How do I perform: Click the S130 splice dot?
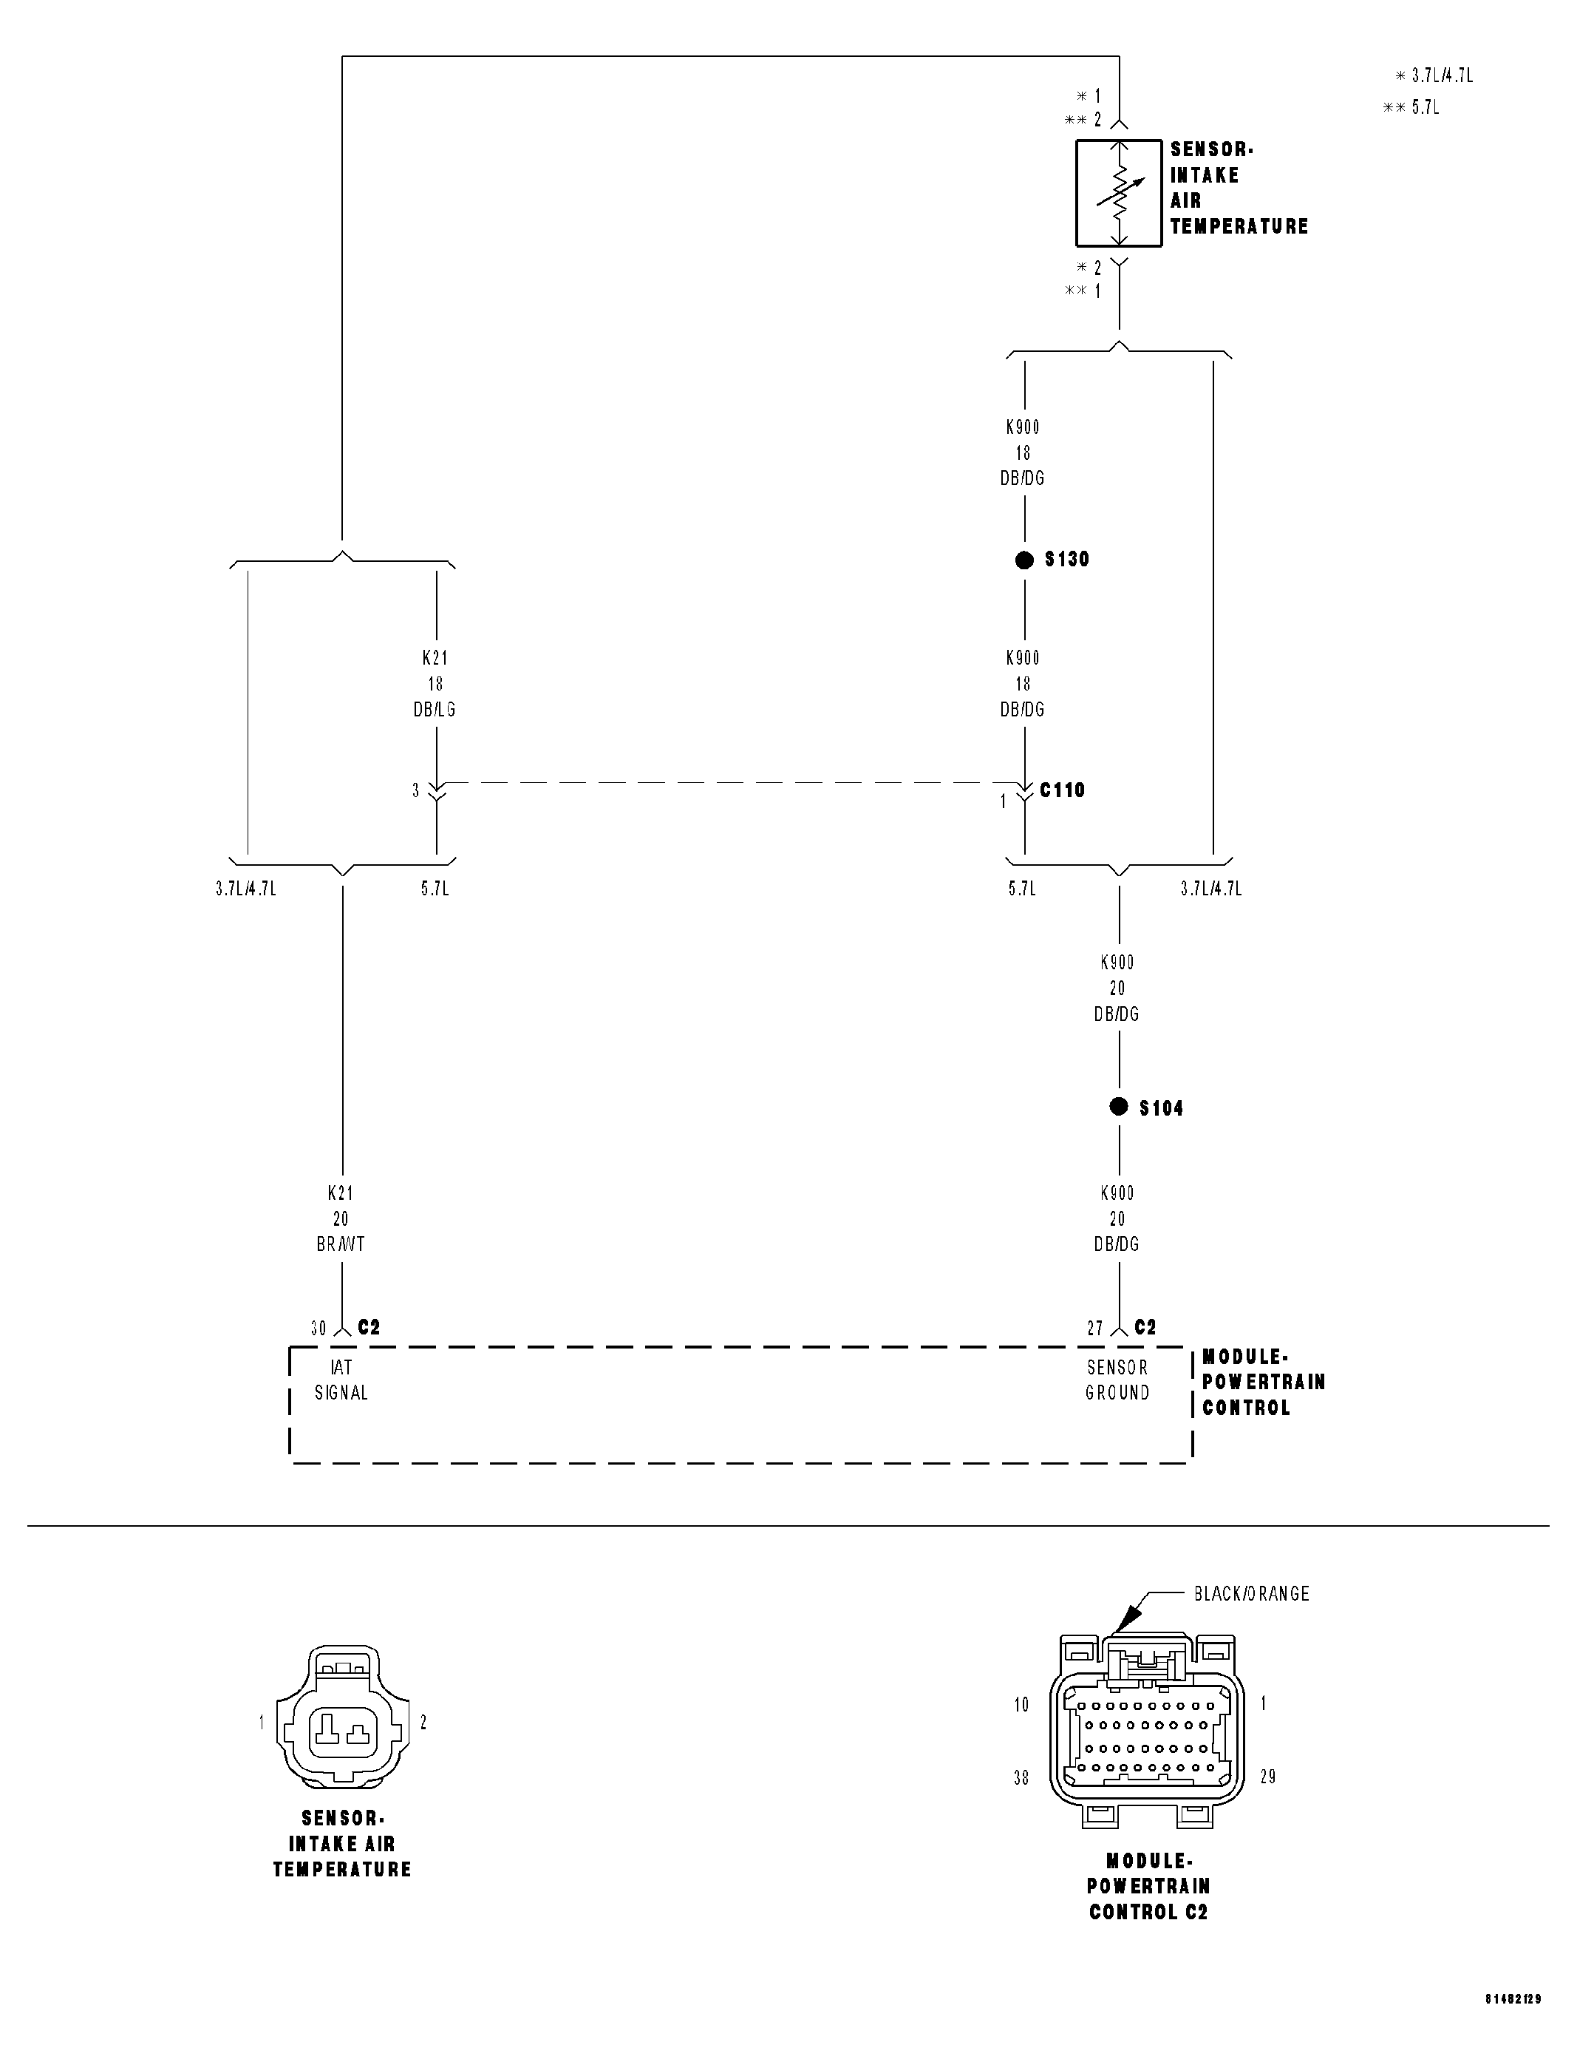(1024, 560)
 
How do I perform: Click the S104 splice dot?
(1118, 1107)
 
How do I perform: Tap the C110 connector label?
(1062, 790)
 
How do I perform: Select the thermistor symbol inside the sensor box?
(1119, 194)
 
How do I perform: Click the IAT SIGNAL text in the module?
(341, 1380)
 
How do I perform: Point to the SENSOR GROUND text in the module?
(1117, 1380)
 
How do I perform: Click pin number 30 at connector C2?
(319, 1329)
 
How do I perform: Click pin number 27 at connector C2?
(1094, 1329)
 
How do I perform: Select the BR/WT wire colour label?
(341, 1244)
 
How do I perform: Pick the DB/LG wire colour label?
(435, 710)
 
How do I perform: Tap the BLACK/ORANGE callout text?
(1251, 1594)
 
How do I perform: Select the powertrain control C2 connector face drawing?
(1146, 1737)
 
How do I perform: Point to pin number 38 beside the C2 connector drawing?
(1021, 1777)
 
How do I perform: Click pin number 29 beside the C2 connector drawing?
(1267, 1777)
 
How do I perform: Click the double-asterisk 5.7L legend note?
(1411, 107)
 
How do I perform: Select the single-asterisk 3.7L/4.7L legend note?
(1434, 76)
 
